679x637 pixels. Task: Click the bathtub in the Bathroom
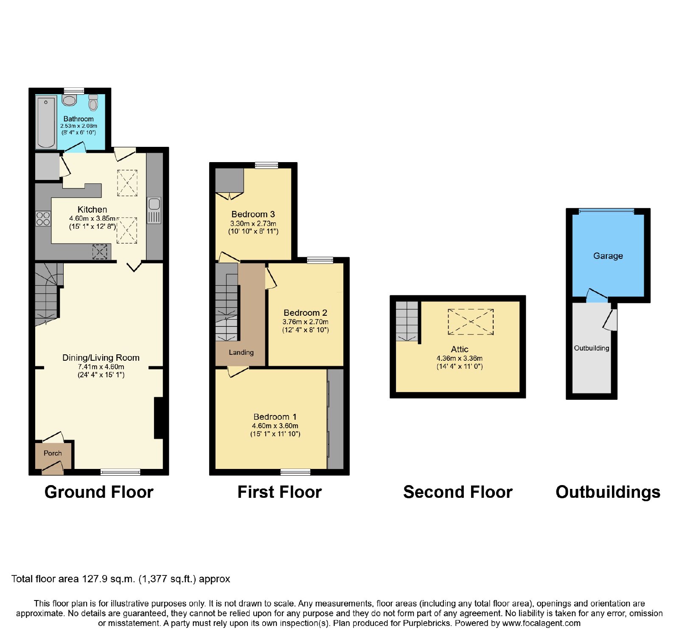[46, 122]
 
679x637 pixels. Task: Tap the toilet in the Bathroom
[93, 102]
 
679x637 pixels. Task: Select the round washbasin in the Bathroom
[69, 100]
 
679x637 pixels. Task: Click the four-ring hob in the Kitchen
[43, 219]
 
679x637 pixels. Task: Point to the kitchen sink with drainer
[154, 210]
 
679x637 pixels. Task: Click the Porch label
[53, 453]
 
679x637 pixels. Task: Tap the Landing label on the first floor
[241, 352]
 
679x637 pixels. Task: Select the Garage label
[608, 256]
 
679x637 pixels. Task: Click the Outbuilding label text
[591, 348]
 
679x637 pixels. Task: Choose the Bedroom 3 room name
[253, 214]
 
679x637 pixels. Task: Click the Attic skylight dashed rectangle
[471, 322]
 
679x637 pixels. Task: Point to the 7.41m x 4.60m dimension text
[101, 367]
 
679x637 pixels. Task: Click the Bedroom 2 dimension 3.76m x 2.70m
[306, 322]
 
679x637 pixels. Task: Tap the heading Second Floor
[457, 492]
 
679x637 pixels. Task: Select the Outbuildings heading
[608, 492]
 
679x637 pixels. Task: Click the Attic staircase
[407, 321]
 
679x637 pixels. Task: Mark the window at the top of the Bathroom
[74, 91]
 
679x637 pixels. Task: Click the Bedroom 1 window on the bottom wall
[295, 472]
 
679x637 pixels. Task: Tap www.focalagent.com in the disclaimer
[541, 623]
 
